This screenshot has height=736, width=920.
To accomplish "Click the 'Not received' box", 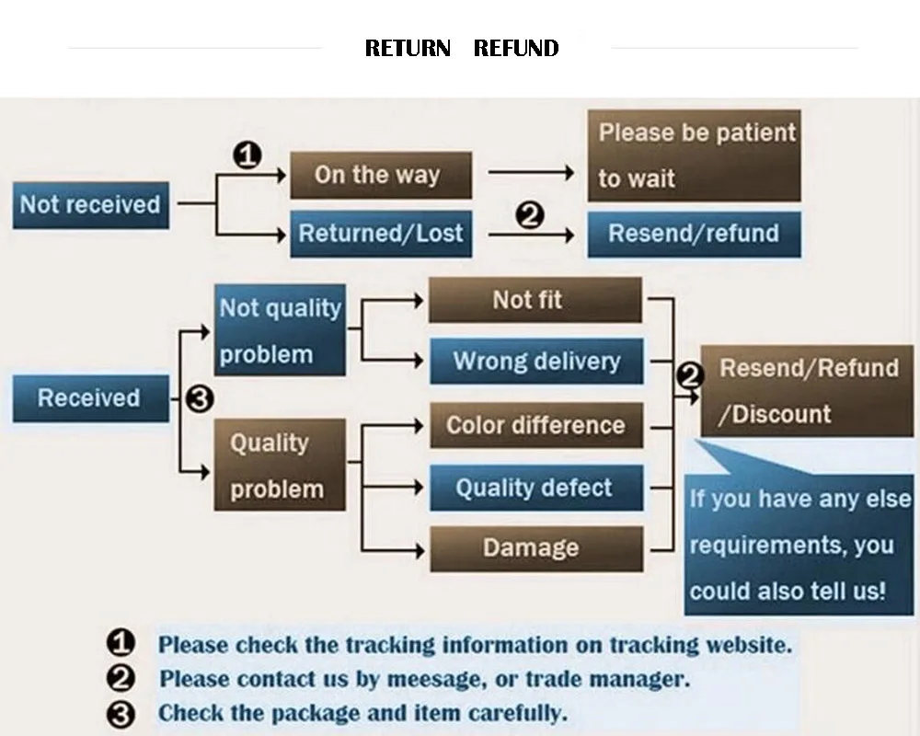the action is pyautogui.click(x=91, y=205).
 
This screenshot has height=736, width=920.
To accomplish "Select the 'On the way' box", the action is pyautogui.click(x=381, y=175).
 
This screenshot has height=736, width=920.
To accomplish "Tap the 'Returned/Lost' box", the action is pyautogui.click(x=381, y=234).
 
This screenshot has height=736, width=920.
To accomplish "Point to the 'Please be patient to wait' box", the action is pyautogui.click(x=694, y=155).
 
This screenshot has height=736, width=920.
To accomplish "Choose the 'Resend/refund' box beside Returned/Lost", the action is pyautogui.click(x=694, y=235).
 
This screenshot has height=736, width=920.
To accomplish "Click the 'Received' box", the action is pyautogui.click(x=91, y=398).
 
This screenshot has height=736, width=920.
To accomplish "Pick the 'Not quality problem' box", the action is pyautogui.click(x=280, y=330).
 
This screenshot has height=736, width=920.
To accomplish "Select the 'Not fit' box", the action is pyautogui.click(x=535, y=300).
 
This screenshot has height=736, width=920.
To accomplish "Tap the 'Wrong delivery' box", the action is pyautogui.click(x=536, y=361).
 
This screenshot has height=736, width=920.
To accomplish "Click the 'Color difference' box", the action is pyautogui.click(x=536, y=425).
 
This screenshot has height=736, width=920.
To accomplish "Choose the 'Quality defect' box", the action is pyautogui.click(x=536, y=488).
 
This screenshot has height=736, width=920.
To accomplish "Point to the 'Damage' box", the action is pyautogui.click(x=536, y=548).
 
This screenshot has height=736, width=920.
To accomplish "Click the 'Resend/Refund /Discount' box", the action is pyautogui.click(x=807, y=391).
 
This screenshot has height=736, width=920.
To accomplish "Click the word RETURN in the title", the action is pyautogui.click(x=408, y=48).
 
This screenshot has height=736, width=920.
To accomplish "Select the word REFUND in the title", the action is pyautogui.click(x=516, y=48).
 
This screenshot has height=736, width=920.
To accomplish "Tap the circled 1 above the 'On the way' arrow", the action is pyautogui.click(x=247, y=155).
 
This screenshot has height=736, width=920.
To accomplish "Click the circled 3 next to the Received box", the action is pyautogui.click(x=200, y=399).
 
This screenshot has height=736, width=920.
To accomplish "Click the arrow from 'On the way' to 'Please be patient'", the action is pyautogui.click(x=531, y=172).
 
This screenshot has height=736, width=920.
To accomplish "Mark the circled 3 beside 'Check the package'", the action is pyautogui.click(x=121, y=715).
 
